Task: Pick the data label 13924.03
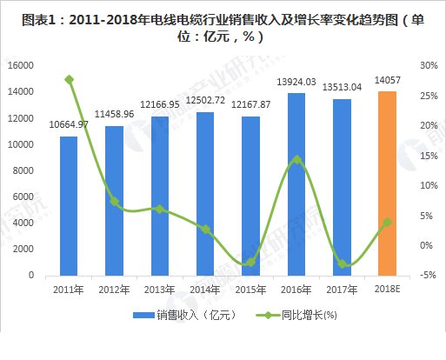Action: coord(296,82)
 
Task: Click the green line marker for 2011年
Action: coord(70,80)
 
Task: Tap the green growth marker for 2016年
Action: coord(296,159)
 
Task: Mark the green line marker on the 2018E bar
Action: coord(387,222)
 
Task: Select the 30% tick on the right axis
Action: coord(427,65)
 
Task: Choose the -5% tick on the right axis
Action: coord(427,276)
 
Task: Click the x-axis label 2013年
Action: coord(160,290)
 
